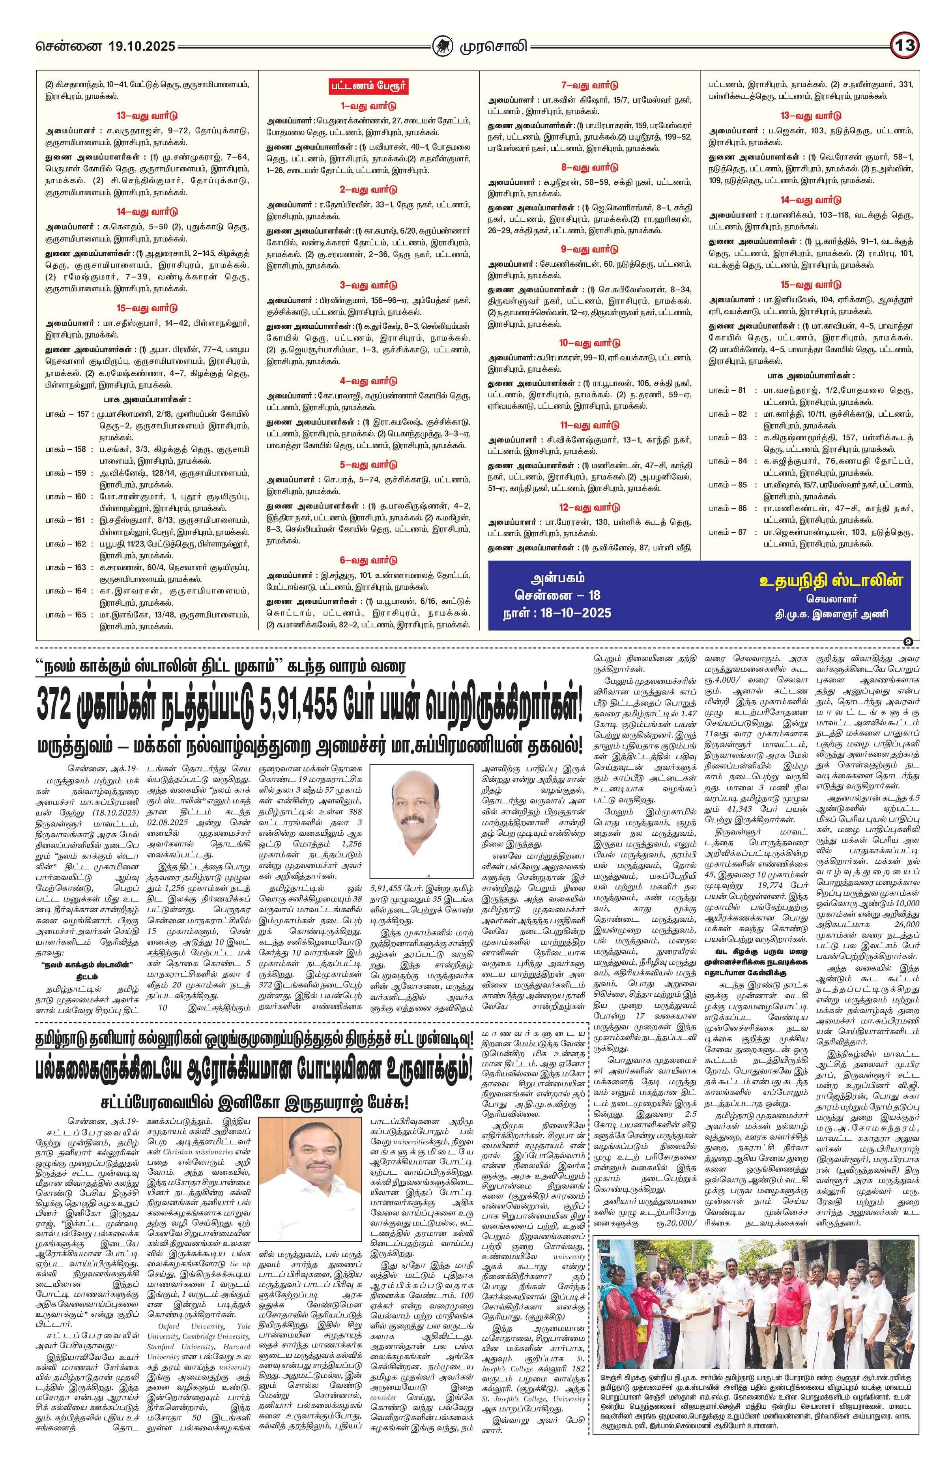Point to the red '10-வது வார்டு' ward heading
pyautogui.click(x=589, y=342)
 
